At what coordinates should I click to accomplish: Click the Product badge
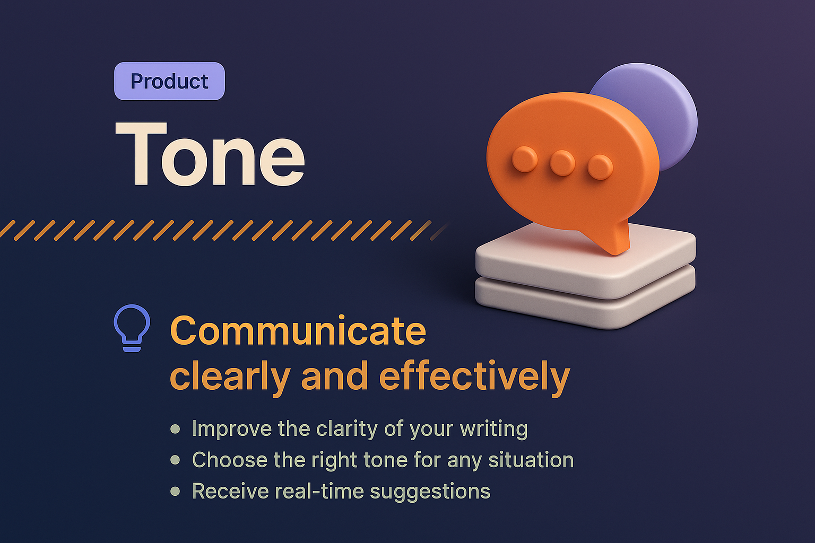169,81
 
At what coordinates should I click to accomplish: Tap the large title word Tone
210,154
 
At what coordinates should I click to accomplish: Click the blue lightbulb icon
132,327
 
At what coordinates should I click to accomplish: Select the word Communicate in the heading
298,331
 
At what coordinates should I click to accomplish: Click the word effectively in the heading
474,377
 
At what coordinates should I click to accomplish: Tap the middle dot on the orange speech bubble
562,162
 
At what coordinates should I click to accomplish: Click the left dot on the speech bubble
525,159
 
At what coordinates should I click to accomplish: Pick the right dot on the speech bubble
600,167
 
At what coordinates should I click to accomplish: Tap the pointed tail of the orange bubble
615,241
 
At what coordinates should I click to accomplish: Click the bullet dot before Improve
175,428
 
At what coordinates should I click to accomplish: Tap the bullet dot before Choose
175,460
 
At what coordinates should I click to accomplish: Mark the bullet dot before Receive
175,491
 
